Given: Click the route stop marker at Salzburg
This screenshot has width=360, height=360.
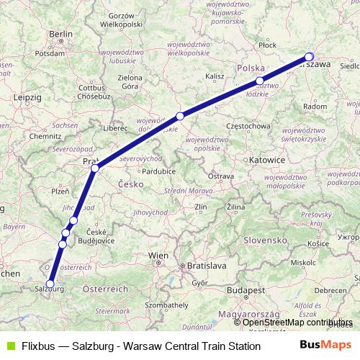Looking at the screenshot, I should pyautogui.click(x=50, y=284).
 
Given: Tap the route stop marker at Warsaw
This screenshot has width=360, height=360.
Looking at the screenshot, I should pyautogui.click(x=310, y=57).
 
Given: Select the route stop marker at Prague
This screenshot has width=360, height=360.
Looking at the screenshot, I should pyautogui.click(x=94, y=168).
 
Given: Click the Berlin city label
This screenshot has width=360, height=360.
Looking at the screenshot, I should pyautogui.click(x=61, y=34).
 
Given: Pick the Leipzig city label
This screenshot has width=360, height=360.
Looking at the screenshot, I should pyautogui.click(x=28, y=96).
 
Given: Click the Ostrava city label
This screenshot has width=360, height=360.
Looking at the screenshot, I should pyautogui.click(x=220, y=176).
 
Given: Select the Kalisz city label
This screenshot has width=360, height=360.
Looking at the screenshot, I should pyautogui.click(x=215, y=76).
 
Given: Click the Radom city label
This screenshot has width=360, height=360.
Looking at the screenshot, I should pyautogui.click(x=315, y=106).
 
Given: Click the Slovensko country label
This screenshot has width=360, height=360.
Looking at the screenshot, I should pyautogui.click(x=266, y=239).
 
